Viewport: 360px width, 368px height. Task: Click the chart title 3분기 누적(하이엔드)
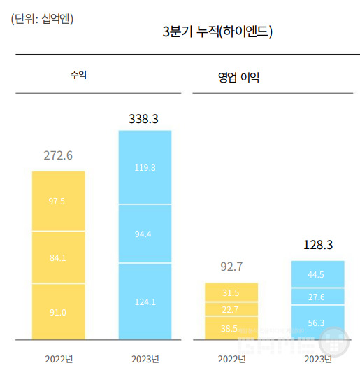[217, 31]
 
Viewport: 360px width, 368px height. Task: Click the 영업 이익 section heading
[238, 77]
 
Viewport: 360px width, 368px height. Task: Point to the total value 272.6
[58, 155]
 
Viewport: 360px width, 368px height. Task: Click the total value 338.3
[144, 119]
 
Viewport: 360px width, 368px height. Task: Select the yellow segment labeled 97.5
[58, 201]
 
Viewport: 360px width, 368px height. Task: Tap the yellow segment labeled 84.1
[58, 257]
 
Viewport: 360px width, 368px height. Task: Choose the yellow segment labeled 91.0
[58, 312]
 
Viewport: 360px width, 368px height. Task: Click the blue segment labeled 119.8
[145, 168]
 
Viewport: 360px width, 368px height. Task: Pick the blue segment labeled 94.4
[145, 234]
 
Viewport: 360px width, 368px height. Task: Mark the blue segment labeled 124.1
[145, 302]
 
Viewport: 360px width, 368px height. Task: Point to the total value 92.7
[231, 267]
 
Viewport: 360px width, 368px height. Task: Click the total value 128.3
[318, 245]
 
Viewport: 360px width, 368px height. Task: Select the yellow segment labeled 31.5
[231, 292]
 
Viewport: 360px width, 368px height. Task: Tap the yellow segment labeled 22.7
[231, 309]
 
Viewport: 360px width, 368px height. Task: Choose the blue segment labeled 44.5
[318, 274]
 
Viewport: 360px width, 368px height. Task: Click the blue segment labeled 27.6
[318, 297]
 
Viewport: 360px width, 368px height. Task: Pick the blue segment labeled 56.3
[318, 323]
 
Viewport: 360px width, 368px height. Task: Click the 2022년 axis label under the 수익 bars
[58, 359]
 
